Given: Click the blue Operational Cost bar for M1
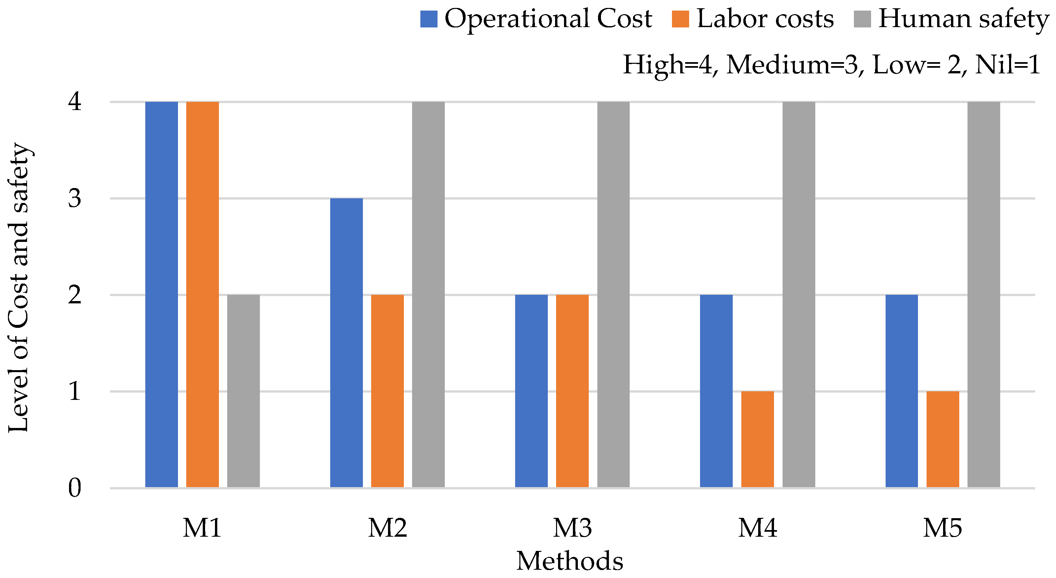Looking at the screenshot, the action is click(161, 294).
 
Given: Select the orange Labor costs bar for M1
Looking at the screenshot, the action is click(202, 294).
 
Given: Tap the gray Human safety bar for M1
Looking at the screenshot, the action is click(243, 391).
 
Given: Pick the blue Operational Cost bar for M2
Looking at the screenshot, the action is click(346, 343).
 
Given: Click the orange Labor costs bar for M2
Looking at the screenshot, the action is click(387, 391).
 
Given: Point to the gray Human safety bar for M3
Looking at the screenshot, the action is click(613, 294).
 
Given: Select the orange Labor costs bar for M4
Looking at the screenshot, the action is click(757, 439).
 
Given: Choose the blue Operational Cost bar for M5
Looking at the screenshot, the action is click(901, 391).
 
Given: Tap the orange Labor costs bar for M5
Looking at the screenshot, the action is click(943, 439).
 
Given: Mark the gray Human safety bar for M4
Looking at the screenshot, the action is click(798, 294).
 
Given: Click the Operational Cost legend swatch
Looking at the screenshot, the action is click(429, 19).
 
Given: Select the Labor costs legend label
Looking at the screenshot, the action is click(765, 19).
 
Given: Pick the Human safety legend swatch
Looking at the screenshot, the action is click(862, 19).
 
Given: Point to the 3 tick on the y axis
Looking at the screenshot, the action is click(75, 199).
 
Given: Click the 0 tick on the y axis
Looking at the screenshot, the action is click(75, 488).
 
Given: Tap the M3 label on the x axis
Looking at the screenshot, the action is click(572, 528).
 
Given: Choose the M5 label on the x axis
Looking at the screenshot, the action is click(942, 528).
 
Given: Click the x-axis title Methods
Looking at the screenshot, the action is click(570, 561).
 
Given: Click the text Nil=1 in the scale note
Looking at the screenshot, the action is click(1008, 65).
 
